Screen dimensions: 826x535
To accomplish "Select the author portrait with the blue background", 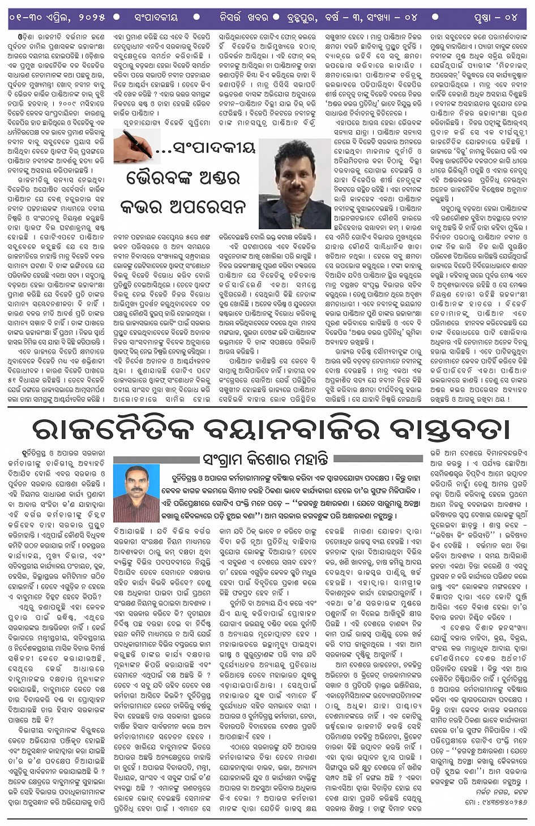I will [136, 493].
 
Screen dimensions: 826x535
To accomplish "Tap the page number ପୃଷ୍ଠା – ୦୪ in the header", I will [496, 18].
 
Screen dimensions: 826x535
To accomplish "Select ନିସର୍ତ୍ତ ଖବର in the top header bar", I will [244, 18].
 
